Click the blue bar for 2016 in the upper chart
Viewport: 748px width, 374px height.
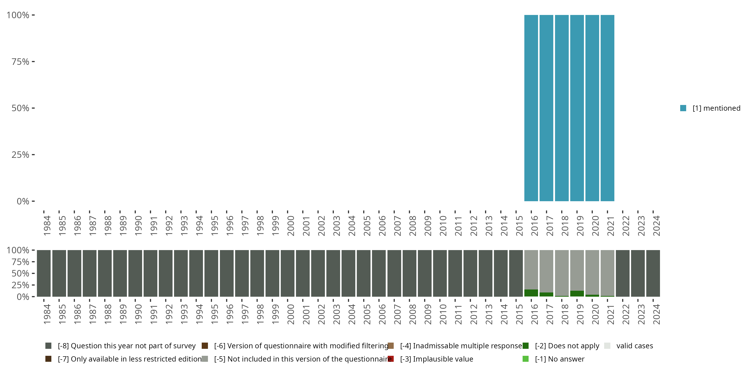[531, 108]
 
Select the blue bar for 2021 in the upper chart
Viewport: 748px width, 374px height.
[607, 108]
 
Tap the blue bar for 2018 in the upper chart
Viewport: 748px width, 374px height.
[561, 108]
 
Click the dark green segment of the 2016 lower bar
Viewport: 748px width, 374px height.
[531, 293]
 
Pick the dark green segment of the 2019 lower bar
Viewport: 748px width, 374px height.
[577, 293]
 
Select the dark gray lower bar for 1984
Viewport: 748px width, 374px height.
[44, 273]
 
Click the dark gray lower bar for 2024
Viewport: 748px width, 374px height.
[653, 273]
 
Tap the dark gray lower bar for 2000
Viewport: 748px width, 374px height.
[287, 273]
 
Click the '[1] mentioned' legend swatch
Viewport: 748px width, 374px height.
[683, 108]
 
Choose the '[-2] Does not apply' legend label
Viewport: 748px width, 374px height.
[567, 346]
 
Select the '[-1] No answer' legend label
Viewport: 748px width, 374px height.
[560, 359]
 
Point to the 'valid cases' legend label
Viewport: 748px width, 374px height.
[635, 346]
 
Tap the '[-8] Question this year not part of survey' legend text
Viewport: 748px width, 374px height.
[127, 346]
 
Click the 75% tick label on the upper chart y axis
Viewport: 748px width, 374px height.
[20, 62]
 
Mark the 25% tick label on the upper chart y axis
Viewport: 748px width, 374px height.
[20, 155]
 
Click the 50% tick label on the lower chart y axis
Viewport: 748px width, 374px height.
[20, 273]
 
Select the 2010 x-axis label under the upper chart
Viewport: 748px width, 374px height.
[443, 226]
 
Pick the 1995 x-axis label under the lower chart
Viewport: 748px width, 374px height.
[214, 314]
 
